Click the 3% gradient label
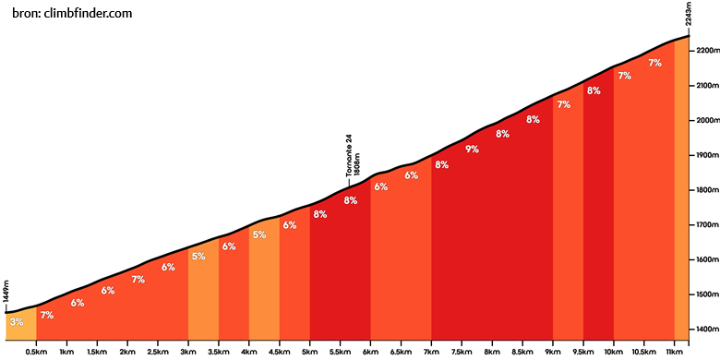pos(17,322)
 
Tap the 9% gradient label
pos(472,149)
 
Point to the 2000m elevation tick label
pos(705,120)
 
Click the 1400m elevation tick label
pos(705,330)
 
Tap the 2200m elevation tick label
pos(705,51)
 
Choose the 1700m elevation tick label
pos(705,225)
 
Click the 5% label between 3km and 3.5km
pos(198,257)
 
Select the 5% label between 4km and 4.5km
pos(259,234)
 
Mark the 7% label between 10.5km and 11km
pos(654,63)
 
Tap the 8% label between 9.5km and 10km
pos(594,90)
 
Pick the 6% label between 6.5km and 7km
pos(412,175)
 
